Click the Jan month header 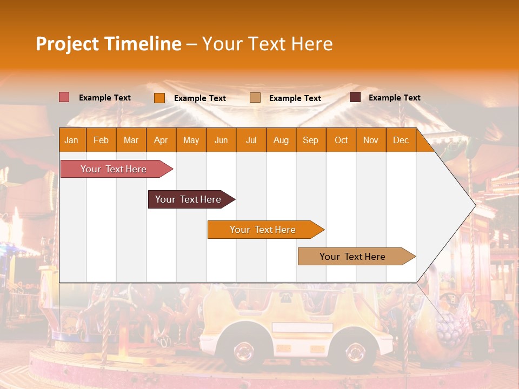tap(72, 140)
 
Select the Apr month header tap(161, 140)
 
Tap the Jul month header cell tap(251, 140)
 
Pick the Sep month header tap(310, 140)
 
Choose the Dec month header tap(401, 140)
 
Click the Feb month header tap(101, 140)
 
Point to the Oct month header tap(341, 140)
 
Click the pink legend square tap(64, 97)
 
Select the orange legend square tap(159, 98)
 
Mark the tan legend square tap(255, 98)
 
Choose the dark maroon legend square tap(355, 97)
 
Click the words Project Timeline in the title tap(108, 44)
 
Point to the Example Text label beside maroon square tap(394, 98)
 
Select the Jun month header tap(221, 140)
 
